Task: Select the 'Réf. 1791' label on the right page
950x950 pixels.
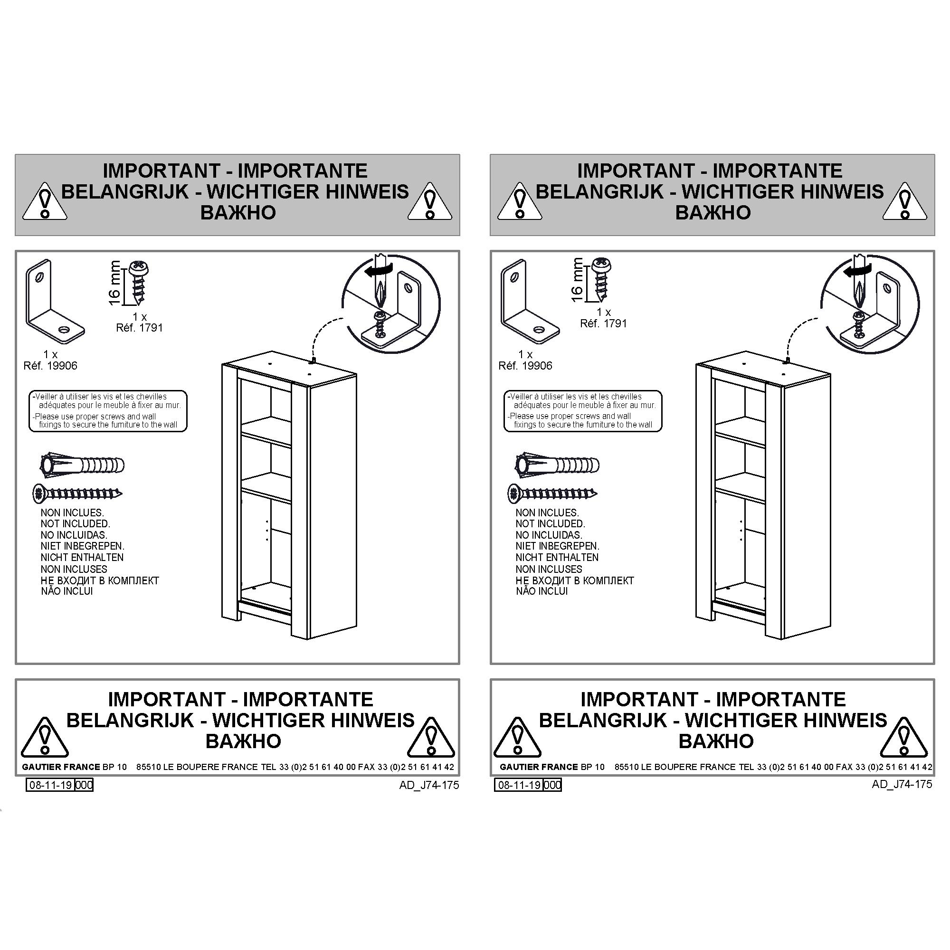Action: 603,323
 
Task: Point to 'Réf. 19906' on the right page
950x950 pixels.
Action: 525,365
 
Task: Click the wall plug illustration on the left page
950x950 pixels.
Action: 82,465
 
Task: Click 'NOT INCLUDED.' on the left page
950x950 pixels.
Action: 75,523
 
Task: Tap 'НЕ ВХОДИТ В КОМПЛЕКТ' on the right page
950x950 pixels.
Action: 575,580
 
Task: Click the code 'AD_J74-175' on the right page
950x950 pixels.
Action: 902,784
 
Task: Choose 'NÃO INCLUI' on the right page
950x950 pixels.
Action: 542,591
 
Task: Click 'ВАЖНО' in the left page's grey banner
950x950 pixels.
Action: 238,212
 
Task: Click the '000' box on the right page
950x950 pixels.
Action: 552,785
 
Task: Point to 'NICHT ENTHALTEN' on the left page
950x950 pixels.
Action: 82,557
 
